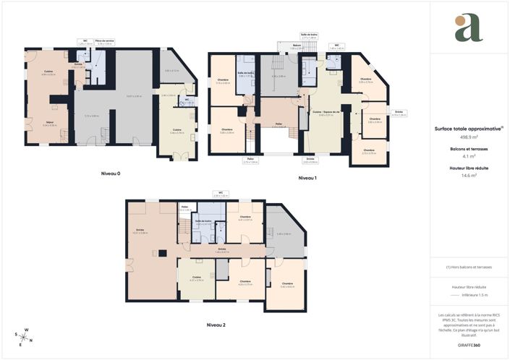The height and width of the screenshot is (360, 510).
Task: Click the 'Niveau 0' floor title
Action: (110, 173)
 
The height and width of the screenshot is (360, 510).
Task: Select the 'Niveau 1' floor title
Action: (310, 177)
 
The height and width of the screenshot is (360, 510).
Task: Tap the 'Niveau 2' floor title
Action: (216, 325)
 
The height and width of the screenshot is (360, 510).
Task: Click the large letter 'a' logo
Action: (468, 28)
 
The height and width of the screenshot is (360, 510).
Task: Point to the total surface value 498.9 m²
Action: (469, 136)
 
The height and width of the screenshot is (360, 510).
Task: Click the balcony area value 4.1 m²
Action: (469, 156)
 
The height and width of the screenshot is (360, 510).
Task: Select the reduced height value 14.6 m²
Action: (469, 176)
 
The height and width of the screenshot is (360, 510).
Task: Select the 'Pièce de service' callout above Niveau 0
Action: (104, 42)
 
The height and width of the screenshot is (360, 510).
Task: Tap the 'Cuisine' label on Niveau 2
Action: (196, 278)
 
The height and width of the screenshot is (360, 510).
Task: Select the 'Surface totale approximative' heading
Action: (468, 129)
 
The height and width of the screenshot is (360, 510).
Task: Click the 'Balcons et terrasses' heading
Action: (469, 149)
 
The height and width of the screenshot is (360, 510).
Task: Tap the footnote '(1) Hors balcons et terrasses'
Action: (469, 267)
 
